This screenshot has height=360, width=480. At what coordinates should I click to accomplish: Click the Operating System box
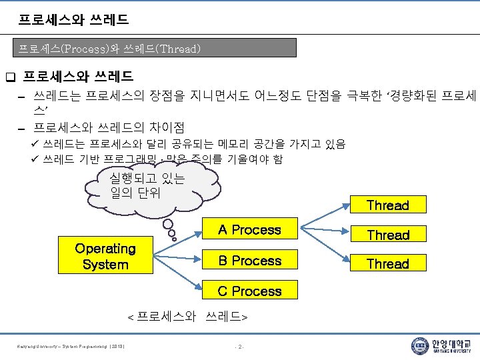pyautogui.click(x=105, y=255)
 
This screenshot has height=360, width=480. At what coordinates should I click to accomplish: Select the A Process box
pyautogui.click(x=250, y=230)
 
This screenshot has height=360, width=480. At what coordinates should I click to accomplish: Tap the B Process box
pyautogui.click(x=250, y=261)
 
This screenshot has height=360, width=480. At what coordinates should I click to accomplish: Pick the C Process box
pyautogui.click(x=250, y=291)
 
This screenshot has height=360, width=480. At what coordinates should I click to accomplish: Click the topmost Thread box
pyautogui.click(x=388, y=205)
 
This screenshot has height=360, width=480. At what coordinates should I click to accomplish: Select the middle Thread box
pyautogui.click(x=388, y=235)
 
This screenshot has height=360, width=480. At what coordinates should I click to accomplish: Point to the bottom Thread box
pyautogui.click(x=388, y=263)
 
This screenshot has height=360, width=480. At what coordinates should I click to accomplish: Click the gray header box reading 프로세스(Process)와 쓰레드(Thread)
pyautogui.click(x=157, y=48)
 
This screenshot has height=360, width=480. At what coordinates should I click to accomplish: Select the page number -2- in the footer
pyautogui.click(x=240, y=346)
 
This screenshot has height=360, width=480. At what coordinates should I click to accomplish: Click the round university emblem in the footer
pyautogui.click(x=419, y=345)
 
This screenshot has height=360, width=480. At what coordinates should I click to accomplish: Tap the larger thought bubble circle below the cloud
pyautogui.click(x=169, y=225)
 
